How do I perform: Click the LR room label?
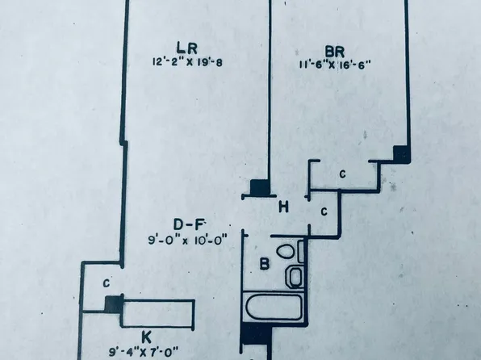pos(186,48)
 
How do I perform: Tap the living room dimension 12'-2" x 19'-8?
pos(187,62)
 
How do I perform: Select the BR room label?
pos(335,51)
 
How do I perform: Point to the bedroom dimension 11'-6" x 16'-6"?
pos(335,65)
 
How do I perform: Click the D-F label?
pos(189,224)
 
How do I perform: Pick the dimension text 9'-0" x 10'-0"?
pos(188,240)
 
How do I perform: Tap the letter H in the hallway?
pos(283,207)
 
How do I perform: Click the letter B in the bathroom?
pos(265,264)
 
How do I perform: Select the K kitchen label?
pos(146,337)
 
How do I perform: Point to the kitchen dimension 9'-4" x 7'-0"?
pos(144,351)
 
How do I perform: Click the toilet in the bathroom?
pos(290,250)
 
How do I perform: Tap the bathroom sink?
pos(295,277)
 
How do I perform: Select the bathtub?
pos(273,308)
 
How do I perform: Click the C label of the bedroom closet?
pos(343,174)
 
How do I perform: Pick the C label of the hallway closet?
pos(324,211)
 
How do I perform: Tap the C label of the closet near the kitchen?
pos(107,283)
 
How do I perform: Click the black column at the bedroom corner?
pos(402,154)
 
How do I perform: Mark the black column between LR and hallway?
pos(260,187)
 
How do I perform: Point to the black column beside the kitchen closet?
pos(114,304)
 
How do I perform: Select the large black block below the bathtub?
pos(256,334)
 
